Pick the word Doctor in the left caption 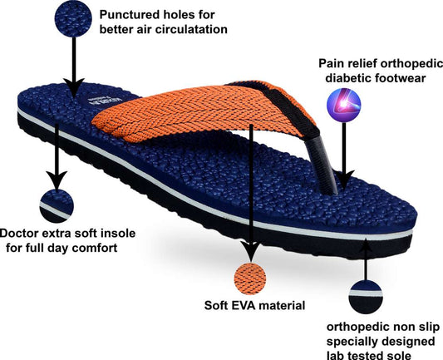click(22, 233)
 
